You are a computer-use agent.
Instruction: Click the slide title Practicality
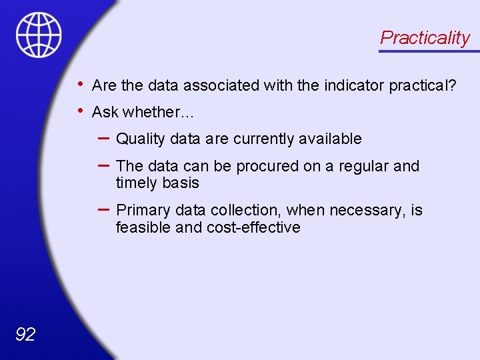(425, 37)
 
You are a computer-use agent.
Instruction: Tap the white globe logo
(39, 35)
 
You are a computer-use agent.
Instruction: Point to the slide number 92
(25, 334)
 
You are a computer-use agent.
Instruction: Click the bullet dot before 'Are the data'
(80, 84)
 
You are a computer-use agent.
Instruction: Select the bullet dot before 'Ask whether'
(80, 110)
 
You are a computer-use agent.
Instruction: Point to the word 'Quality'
(140, 139)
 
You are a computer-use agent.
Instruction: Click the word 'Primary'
(143, 210)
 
